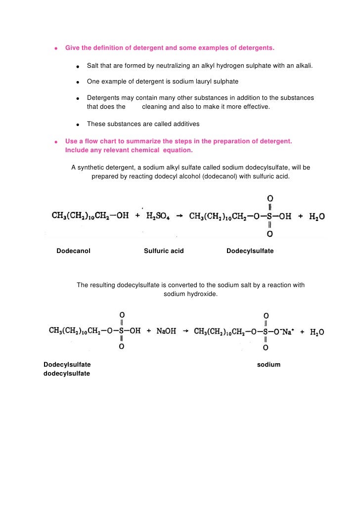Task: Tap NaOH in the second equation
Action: point(166,331)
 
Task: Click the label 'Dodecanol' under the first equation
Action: point(73,251)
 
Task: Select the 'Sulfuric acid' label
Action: point(164,251)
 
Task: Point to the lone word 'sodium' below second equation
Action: point(269,365)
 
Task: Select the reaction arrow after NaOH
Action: point(185,331)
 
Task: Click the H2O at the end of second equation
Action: point(317,332)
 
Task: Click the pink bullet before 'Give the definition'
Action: point(57,48)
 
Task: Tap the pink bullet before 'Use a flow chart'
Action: point(57,142)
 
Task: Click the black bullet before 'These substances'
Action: point(78,124)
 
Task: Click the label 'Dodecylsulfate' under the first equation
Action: point(250,251)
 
